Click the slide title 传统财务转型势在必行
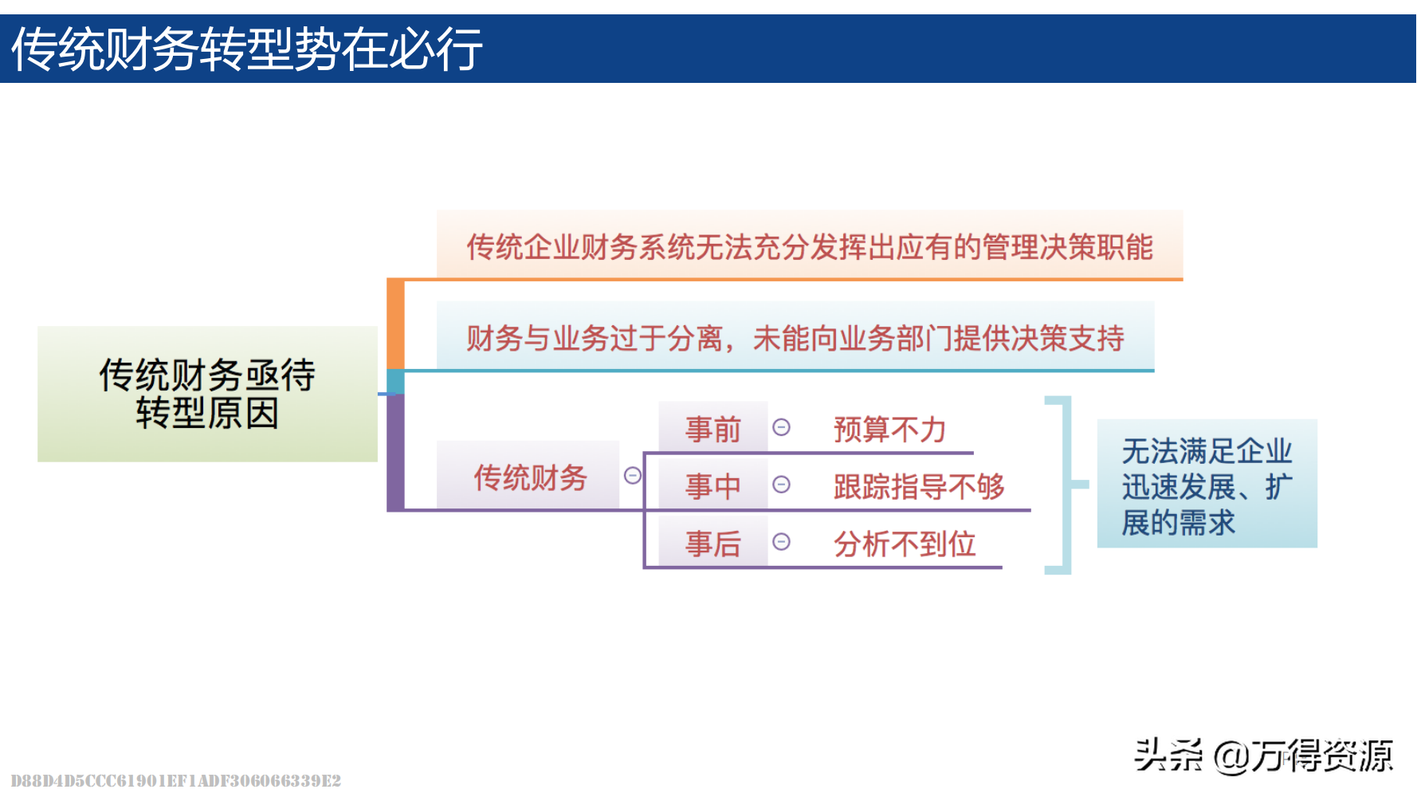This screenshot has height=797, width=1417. point(247,49)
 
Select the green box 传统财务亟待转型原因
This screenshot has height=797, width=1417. point(207,394)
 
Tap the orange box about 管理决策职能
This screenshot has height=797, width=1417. point(809,246)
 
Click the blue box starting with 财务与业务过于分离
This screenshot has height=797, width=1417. point(795,338)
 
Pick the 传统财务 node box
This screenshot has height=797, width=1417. point(528,477)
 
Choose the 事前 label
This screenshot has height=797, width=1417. point(712,429)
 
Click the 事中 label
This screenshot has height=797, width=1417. point(712,485)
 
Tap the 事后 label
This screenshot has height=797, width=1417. point(712,544)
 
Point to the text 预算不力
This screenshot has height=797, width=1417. point(889,430)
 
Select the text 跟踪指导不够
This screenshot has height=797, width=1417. point(918,486)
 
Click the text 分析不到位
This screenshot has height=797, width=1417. point(904,544)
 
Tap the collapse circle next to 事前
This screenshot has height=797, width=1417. point(781,427)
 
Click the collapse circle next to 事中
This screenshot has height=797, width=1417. point(781,484)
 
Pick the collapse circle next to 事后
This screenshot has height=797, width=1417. point(781,541)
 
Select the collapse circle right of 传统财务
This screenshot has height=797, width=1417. point(633,476)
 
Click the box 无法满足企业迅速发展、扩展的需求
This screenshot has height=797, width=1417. point(1207,485)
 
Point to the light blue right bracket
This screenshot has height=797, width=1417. point(1066,485)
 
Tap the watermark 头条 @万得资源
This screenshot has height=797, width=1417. point(1263,756)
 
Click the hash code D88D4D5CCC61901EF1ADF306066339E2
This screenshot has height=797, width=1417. point(175,781)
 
